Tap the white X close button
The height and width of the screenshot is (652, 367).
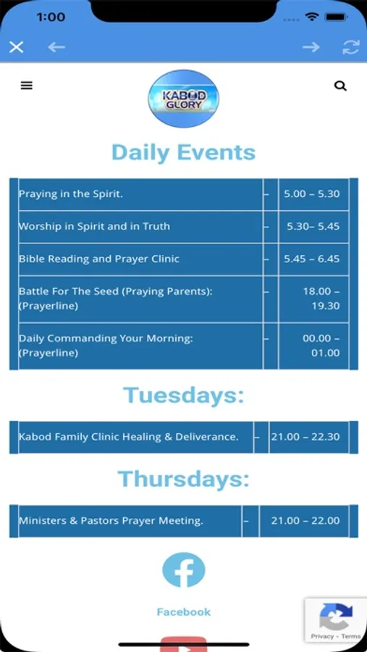16,47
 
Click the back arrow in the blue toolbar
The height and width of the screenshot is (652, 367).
56,47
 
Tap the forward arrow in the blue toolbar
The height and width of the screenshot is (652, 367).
311,47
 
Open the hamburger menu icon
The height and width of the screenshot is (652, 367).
27,85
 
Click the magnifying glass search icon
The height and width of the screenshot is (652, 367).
340,85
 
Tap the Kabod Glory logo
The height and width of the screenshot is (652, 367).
183,99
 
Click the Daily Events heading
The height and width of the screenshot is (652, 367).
183,152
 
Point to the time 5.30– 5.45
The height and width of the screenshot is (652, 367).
313,226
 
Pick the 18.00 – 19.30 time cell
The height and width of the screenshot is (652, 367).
314,298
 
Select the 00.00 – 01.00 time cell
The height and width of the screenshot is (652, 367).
314,346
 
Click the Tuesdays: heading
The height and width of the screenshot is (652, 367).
183,395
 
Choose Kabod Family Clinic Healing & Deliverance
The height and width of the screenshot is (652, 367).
128,437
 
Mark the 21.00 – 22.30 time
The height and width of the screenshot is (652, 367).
305,437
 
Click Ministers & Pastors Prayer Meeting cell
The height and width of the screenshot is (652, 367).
130,521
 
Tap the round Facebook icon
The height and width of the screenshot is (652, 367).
183,569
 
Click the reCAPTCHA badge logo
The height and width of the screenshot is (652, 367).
336,617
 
